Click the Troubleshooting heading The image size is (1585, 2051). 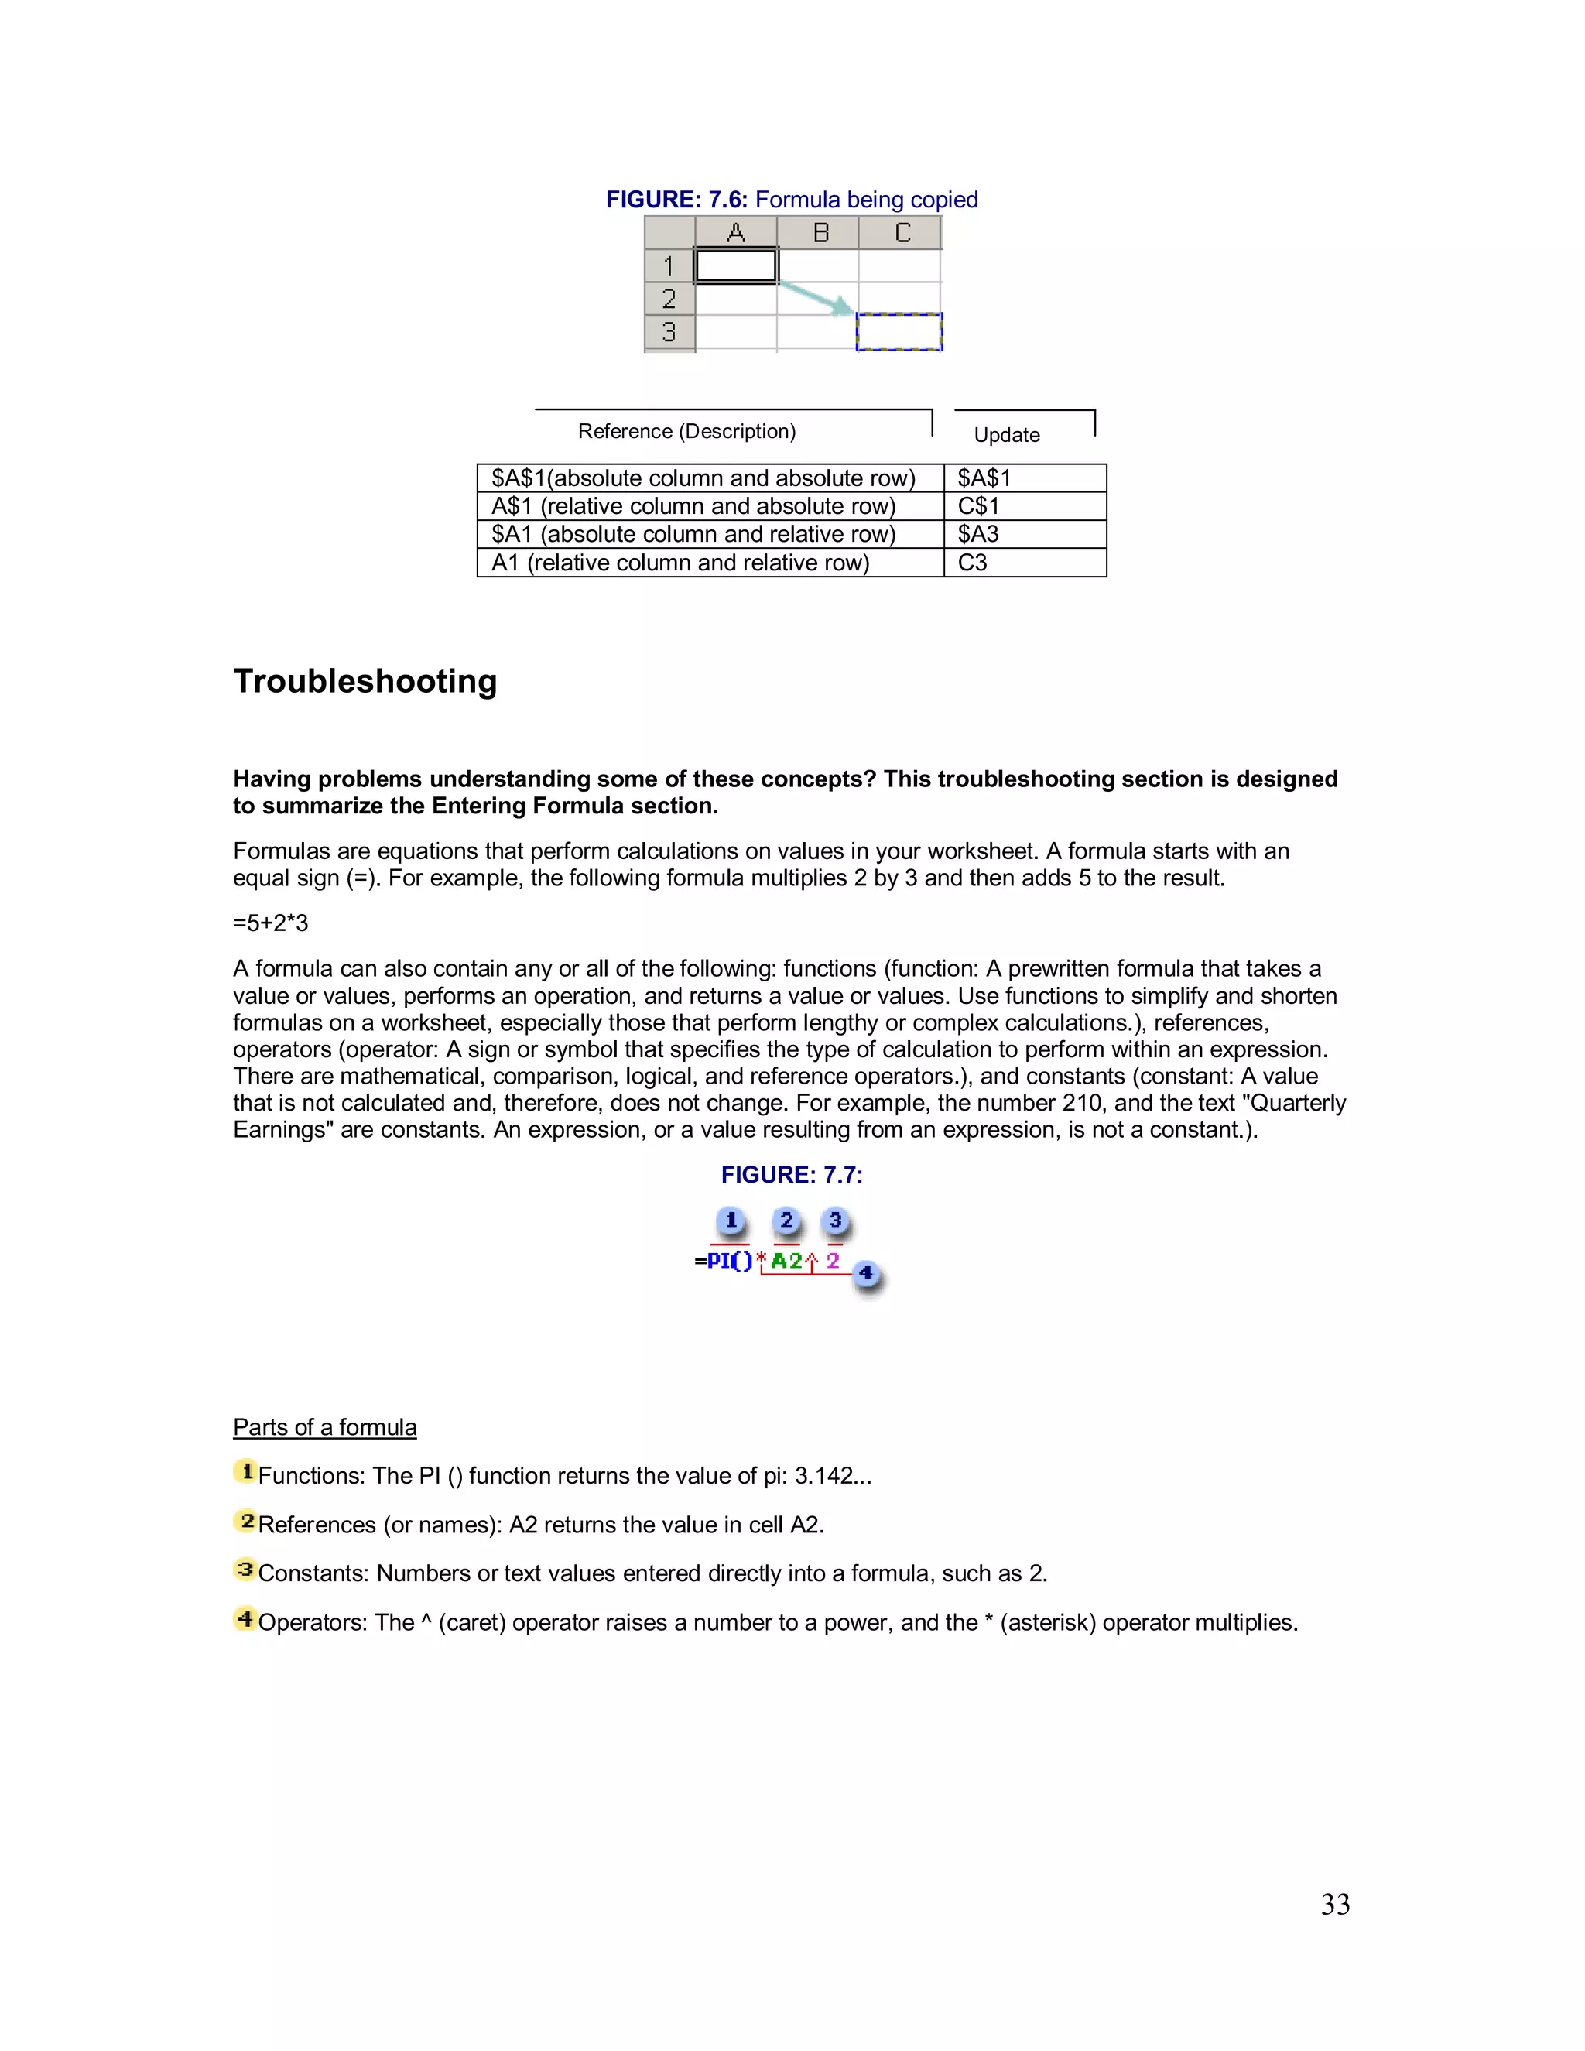[365, 681]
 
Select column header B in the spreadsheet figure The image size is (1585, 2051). [820, 233]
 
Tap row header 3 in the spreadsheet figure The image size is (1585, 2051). [669, 331]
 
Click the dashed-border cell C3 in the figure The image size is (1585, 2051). [899, 331]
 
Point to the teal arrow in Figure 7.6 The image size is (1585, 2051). [817, 298]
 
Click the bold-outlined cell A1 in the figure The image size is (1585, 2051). [735, 265]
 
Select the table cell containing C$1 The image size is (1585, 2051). [1023, 506]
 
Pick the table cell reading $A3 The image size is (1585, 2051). [1023, 534]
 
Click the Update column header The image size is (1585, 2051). [1007, 435]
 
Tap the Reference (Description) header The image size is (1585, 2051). [686, 431]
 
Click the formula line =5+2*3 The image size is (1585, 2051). [270, 923]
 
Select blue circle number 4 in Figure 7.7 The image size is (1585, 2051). [866, 1275]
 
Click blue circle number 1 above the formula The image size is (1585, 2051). [731, 1221]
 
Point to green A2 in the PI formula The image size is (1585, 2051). [786, 1262]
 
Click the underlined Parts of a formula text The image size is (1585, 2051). [325, 1427]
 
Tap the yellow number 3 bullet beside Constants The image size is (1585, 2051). [245, 1570]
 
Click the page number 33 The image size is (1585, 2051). [1335, 1905]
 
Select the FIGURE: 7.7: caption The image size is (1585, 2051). [792, 1175]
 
